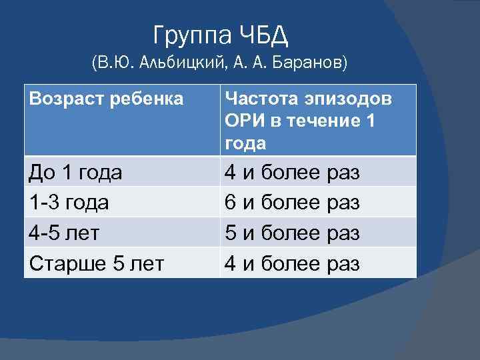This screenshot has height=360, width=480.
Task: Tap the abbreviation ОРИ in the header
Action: [x=245, y=121]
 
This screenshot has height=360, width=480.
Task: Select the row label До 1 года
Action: [x=75, y=173]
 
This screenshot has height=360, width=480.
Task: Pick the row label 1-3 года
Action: [x=69, y=202]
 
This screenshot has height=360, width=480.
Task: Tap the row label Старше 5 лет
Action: [x=96, y=263]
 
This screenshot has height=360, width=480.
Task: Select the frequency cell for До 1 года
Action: [x=292, y=173]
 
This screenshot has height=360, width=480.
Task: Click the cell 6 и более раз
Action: [x=292, y=202]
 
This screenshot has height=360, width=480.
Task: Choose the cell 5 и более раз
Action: [x=292, y=233]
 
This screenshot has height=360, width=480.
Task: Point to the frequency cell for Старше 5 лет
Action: [x=292, y=263]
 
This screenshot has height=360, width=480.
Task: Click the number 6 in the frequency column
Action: [x=229, y=202]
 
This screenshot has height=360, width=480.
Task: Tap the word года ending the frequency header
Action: [x=246, y=143]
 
